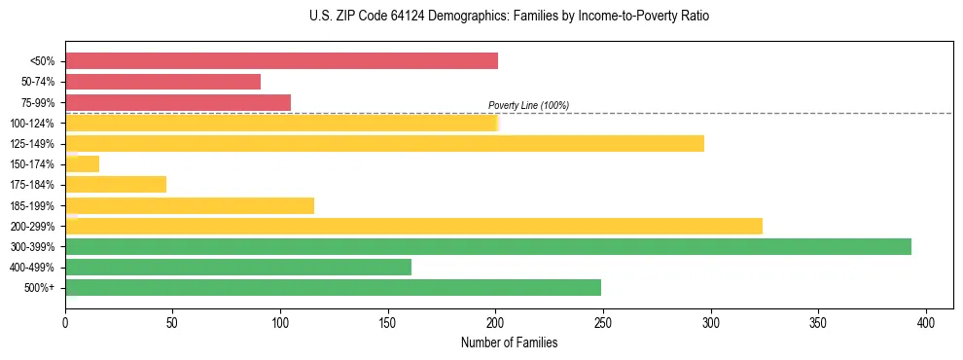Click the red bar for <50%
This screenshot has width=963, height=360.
pyautogui.click(x=281, y=61)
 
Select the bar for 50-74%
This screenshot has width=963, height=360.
pyautogui.click(x=162, y=82)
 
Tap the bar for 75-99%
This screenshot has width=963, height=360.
pyautogui.click(x=178, y=102)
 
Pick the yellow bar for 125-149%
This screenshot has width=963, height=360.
pyautogui.click(x=384, y=144)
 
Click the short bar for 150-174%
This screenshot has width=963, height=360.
pyautogui.click(x=83, y=164)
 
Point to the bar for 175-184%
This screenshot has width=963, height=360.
pyautogui.click(x=116, y=185)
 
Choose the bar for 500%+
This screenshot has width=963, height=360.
pyautogui.click(x=333, y=287)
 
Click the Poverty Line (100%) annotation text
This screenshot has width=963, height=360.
pyautogui.click(x=528, y=105)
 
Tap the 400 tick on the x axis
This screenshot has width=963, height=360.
pyautogui.click(x=926, y=322)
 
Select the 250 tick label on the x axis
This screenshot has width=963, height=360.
pyautogui.click(x=603, y=322)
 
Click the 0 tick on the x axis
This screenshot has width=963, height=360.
pyautogui.click(x=65, y=322)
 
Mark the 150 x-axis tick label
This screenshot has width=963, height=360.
pyautogui.click(x=388, y=322)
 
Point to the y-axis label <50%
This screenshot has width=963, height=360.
pyautogui.click(x=42, y=61)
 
